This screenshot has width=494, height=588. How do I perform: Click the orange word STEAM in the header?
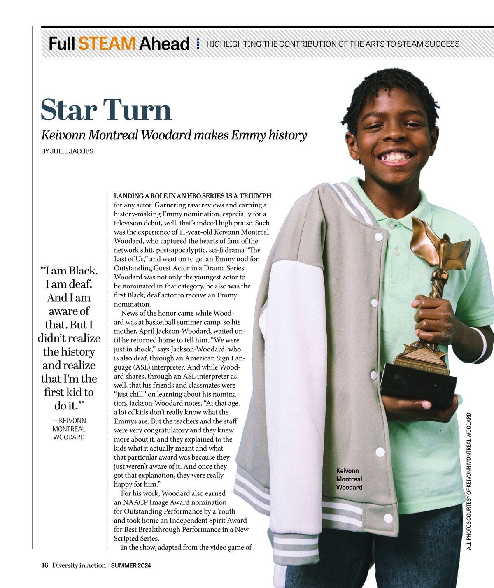point(107,44)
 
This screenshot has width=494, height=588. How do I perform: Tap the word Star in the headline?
point(69,110)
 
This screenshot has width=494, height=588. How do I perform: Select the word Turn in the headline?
point(137,110)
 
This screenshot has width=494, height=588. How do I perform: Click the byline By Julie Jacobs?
point(67,151)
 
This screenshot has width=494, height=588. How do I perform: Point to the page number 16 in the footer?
point(45,565)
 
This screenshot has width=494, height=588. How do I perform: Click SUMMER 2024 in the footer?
point(131,565)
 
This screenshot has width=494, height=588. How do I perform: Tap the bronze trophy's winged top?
point(438,243)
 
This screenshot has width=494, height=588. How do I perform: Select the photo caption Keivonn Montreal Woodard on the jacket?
point(349,479)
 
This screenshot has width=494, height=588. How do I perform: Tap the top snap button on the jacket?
point(378,237)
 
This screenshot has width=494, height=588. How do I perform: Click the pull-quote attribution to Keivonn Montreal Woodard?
point(69,429)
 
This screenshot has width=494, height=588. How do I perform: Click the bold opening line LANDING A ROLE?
point(192,196)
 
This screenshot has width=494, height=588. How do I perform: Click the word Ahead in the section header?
point(164,44)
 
